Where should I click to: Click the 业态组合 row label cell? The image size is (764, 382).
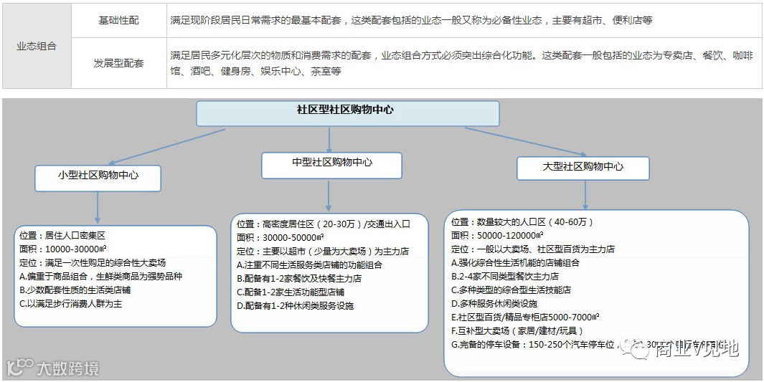[37, 47]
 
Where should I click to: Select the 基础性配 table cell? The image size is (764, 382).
[119, 20]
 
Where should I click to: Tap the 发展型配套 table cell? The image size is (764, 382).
[119, 63]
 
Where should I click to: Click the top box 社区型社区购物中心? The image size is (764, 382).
[347, 113]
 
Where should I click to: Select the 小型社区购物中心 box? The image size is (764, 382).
[98, 178]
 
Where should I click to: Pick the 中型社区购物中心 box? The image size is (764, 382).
[332, 165]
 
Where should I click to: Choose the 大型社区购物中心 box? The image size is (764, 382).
[583, 167]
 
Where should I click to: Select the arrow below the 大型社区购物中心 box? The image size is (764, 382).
[585, 194]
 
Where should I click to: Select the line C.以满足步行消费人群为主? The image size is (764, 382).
[71, 304]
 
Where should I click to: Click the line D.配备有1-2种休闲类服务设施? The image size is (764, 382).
[295, 305]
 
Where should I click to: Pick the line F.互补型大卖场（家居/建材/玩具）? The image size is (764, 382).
[517, 330]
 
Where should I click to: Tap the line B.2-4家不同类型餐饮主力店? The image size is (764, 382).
[505, 276]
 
